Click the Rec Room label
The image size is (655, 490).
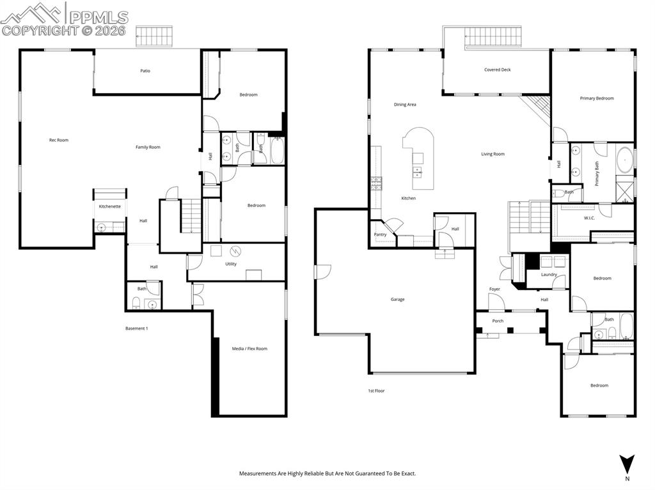pyautogui.click(x=59, y=140)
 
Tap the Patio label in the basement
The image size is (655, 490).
pyautogui.click(x=145, y=71)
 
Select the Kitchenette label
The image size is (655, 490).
pyautogui.click(x=109, y=206)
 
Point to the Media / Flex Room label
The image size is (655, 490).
pyautogui.click(x=249, y=349)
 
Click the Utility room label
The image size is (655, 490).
pyautogui.click(x=231, y=264)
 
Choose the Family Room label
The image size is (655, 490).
pyautogui.click(x=148, y=148)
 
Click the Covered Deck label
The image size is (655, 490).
pyautogui.click(x=497, y=70)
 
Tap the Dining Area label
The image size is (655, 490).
pyautogui.click(x=405, y=104)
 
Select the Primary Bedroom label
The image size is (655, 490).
pyautogui.click(x=597, y=98)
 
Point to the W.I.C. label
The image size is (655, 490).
pyautogui.click(x=590, y=217)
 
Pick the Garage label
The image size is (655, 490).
pyautogui.click(x=397, y=299)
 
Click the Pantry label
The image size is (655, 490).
pyautogui.click(x=380, y=234)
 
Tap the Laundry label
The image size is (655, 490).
pyautogui.click(x=549, y=275)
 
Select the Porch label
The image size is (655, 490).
pyautogui.click(x=498, y=321)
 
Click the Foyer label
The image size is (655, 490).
pyautogui.click(x=494, y=289)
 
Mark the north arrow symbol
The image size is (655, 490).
pyautogui.click(x=627, y=463)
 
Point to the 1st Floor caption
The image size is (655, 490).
pyautogui.click(x=376, y=390)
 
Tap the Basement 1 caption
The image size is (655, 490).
pyautogui.click(x=136, y=328)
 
